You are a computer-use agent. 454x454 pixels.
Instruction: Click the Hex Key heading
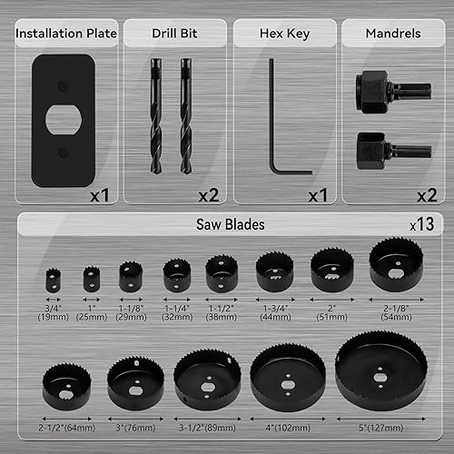tap(284, 35)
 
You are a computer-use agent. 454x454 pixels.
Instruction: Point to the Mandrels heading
tap(391, 35)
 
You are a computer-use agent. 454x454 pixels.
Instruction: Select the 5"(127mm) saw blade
tap(380, 370)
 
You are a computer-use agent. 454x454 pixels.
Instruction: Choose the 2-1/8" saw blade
tap(395, 264)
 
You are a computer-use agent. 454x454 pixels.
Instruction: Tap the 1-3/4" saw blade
tap(274, 271)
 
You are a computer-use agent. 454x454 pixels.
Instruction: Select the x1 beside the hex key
tap(317, 194)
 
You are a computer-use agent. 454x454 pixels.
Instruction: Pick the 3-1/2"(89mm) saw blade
tap(207, 379)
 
